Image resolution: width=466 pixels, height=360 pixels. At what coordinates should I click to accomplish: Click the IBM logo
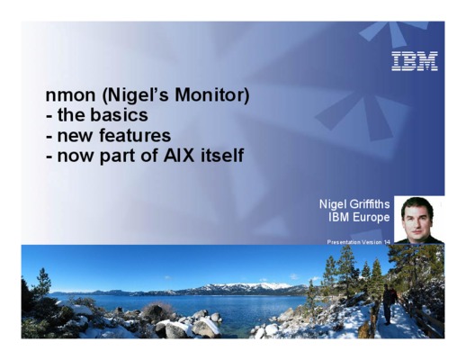coord(415,61)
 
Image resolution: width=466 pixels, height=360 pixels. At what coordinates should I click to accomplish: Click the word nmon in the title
coord(70,95)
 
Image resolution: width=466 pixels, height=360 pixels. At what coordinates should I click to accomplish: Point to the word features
coord(135,135)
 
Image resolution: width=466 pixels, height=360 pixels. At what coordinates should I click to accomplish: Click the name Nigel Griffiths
coord(354,204)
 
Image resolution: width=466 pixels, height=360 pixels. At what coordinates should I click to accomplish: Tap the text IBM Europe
coord(359,217)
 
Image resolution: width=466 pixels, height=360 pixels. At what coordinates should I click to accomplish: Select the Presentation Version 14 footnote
coord(359,242)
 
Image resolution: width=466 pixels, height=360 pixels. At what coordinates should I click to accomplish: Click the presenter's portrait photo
coord(419,220)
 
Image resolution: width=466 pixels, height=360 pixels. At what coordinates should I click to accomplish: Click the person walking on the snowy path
coord(388,304)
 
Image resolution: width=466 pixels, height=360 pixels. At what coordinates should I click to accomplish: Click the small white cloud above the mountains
coord(294,276)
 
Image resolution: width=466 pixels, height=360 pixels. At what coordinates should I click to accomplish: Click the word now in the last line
coord(76,157)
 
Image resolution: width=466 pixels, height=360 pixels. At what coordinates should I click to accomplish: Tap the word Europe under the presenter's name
coord(372,217)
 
